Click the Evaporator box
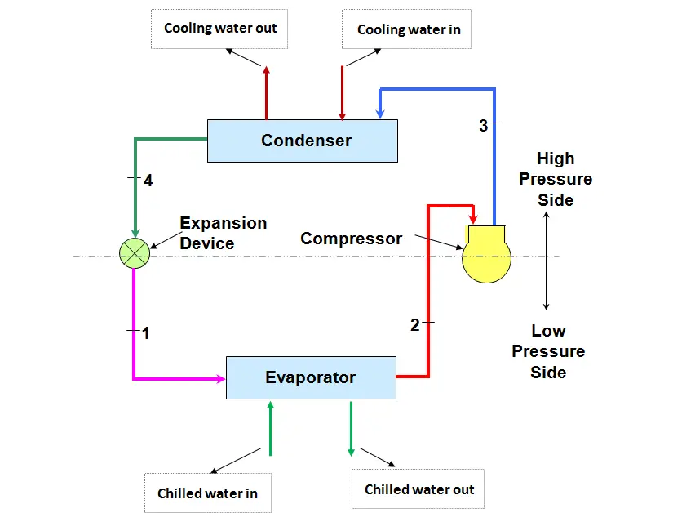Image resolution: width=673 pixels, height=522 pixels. [311, 377]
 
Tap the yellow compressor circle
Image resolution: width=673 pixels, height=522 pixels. [486, 260]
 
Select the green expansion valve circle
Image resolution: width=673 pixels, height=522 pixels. [133, 253]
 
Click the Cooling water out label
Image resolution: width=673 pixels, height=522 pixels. [220, 29]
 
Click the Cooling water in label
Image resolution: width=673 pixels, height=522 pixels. [409, 29]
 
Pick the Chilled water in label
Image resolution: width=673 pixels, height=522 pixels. [207, 493]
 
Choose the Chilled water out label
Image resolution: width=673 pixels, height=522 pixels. [418, 489]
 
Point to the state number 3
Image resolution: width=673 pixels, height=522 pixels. [483, 126]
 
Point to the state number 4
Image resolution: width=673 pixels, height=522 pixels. [148, 181]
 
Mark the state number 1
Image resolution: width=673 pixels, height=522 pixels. [146, 333]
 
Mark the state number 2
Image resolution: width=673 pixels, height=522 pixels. [414, 325]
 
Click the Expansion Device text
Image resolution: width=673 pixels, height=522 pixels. [223, 234]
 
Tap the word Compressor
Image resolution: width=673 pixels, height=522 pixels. [351, 239]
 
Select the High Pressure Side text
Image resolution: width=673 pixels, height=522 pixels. [556, 179]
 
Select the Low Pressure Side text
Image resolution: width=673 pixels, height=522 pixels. [548, 351]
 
